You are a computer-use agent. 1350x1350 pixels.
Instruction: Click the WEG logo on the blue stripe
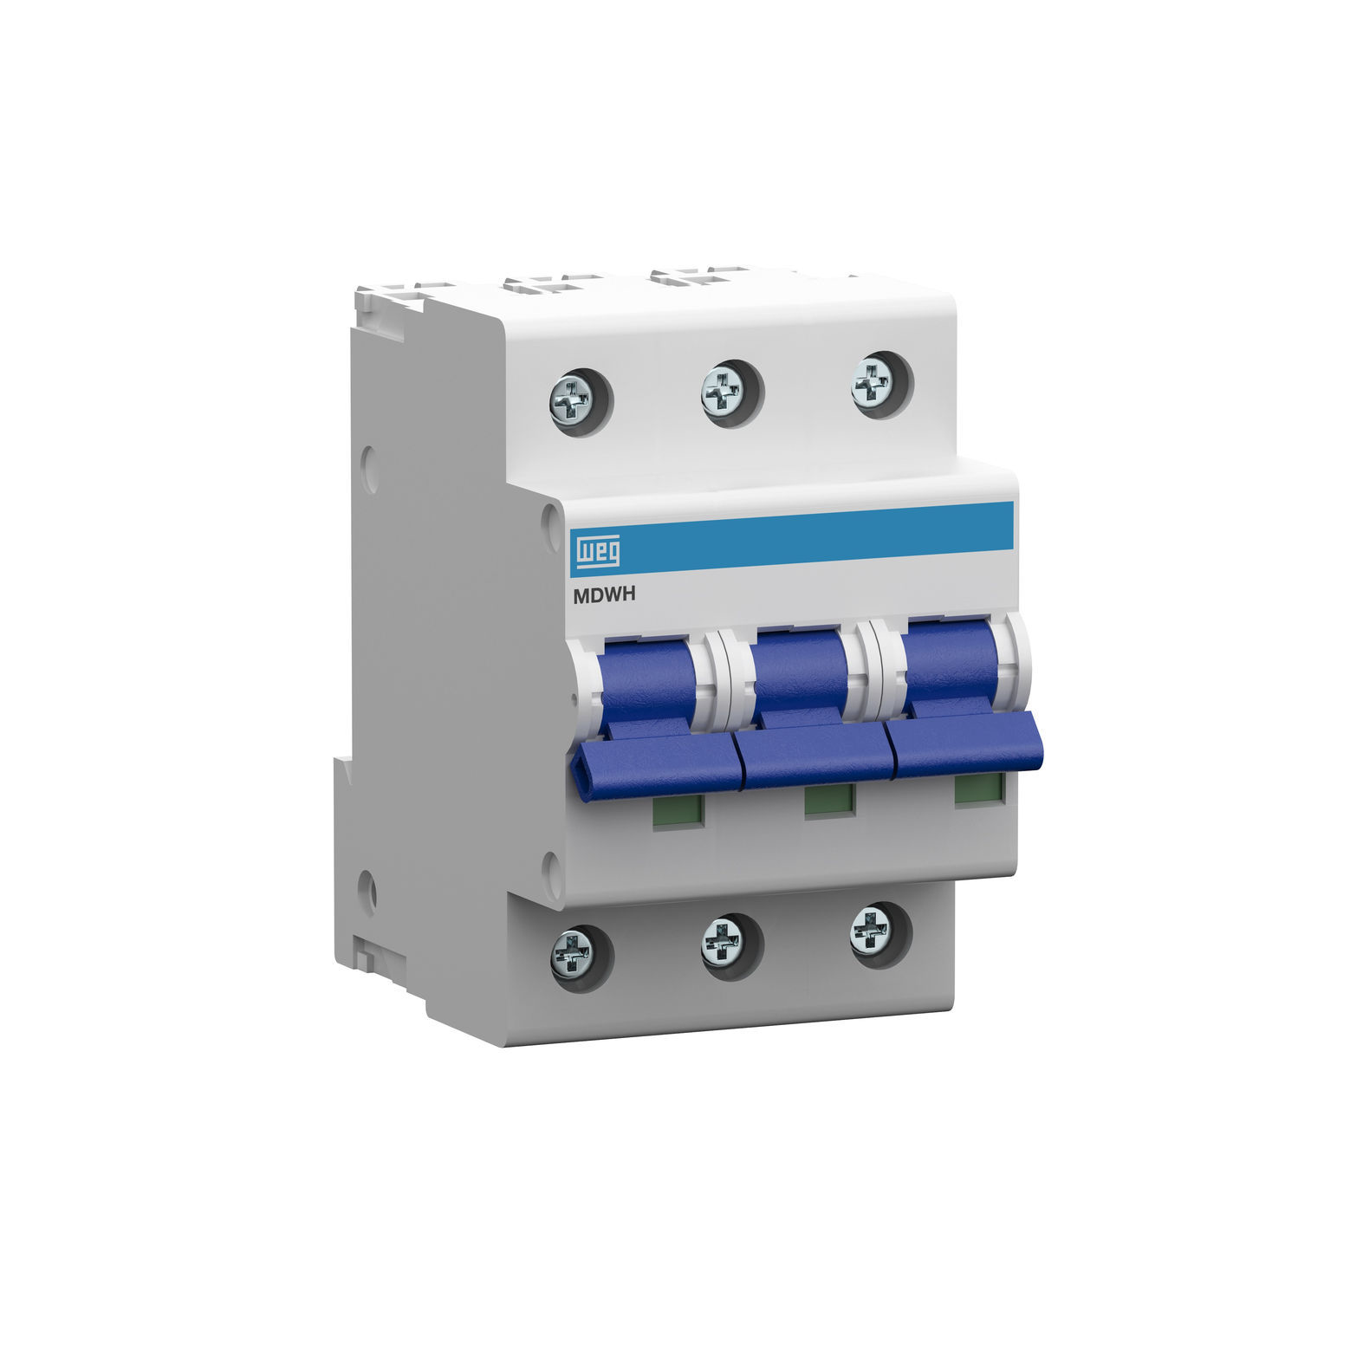[594, 550]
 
